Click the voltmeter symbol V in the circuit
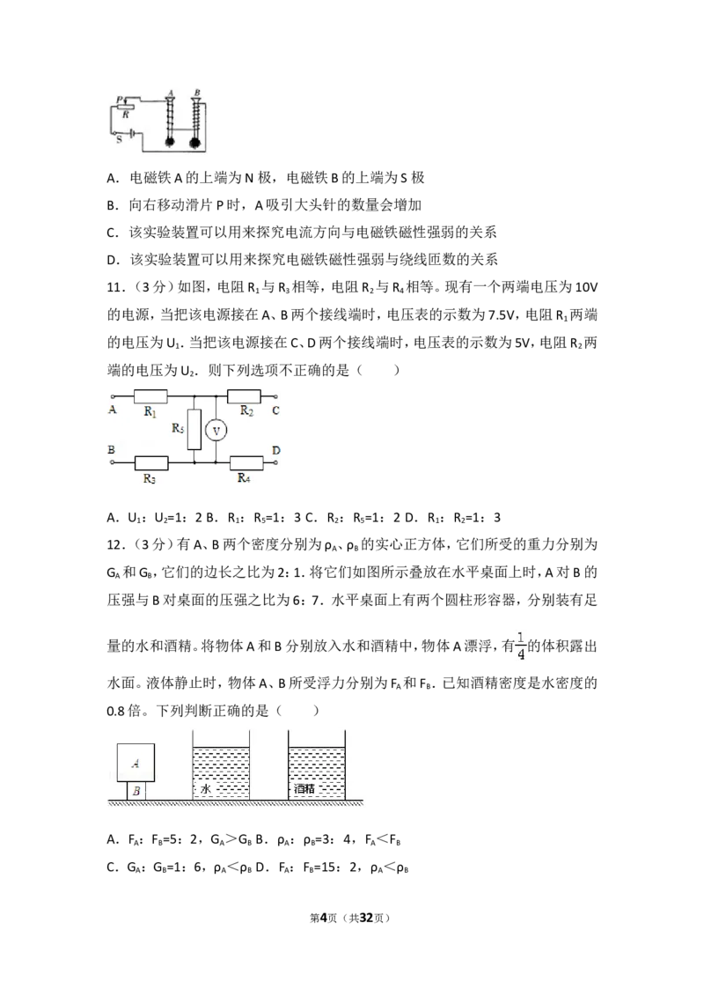(216, 431)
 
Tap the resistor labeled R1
(150, 396)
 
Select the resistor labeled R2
(244, 396)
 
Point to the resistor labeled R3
(151, 463)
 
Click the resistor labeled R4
(246, 463)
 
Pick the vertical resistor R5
(194, 430)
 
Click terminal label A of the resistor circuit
(113, 410)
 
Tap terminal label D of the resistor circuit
(275, 450)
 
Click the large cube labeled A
(136, 763)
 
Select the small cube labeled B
(136, 791)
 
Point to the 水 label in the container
(206, 789)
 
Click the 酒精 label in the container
(304, 789)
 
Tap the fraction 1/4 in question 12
(521, 646)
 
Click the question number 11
(114, 287)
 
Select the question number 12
(114, 544)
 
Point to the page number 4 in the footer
(324, 918)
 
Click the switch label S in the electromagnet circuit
(119, 139)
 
